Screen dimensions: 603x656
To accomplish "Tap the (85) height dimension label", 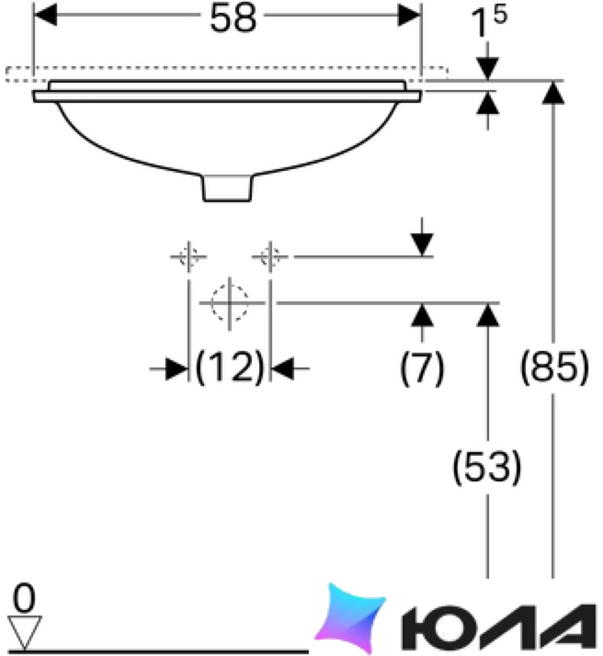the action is coord(554,367).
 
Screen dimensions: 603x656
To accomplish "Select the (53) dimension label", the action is coord(487,466).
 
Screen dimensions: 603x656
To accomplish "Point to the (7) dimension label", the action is coord(422,368).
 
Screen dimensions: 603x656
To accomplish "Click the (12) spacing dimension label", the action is coord(230,367).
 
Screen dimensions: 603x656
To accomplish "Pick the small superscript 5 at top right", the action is coord(500,14).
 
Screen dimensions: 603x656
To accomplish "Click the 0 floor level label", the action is coord(24,599).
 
